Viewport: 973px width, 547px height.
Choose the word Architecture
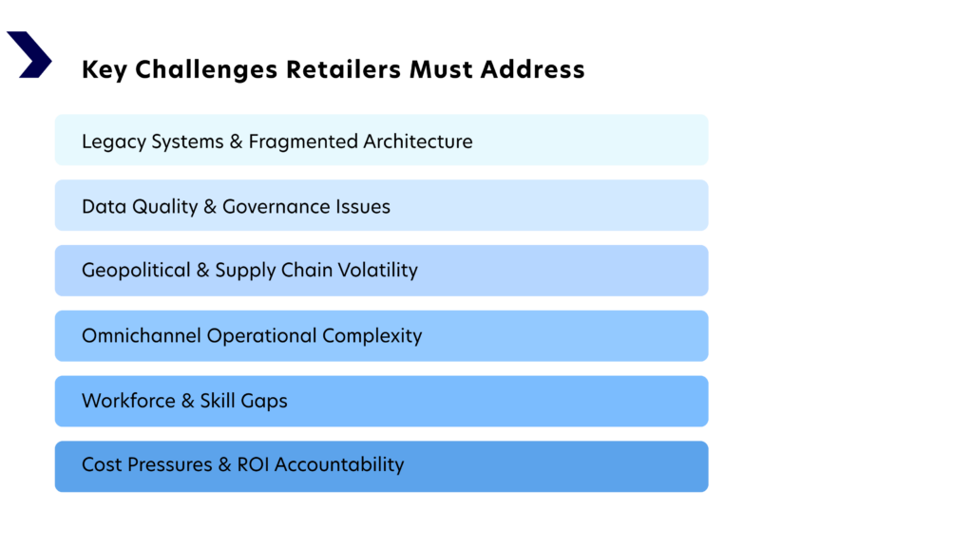click(418, 141)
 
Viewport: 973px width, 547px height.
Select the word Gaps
click(264, 402)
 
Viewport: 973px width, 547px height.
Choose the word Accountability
click(339, 465)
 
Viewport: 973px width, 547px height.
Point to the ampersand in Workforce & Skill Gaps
click(187, 401)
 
